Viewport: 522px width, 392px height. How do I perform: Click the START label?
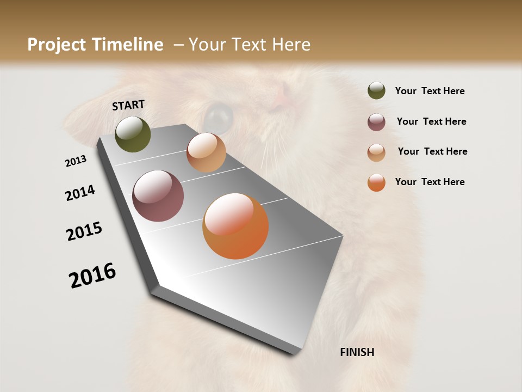[128, 105]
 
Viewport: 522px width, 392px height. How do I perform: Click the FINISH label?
[357, 352]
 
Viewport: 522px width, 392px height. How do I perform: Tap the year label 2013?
[76, 161]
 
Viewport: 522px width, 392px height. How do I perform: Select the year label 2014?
[80, 193]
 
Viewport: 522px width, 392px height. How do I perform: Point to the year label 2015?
[84, 231]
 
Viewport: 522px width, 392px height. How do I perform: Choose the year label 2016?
[92, 275]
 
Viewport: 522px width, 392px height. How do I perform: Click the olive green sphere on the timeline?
[133, 134]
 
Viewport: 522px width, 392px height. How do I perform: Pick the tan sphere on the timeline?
[206, 152]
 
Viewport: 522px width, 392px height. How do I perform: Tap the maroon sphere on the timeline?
[158, 196]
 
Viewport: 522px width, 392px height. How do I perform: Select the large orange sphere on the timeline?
[235, 226]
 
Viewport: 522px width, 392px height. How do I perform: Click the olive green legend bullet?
[376, 90]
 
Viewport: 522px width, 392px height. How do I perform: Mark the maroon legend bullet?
[376, 122]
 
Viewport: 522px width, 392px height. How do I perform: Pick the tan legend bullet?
[376, 152]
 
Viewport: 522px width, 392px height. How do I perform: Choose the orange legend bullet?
[376, 182]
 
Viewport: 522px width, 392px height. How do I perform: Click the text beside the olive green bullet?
[430, 91]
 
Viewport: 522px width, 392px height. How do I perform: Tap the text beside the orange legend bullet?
[430, 182]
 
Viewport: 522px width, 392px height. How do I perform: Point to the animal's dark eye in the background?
[219, 114]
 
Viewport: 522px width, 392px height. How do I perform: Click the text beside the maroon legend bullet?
[431, 121]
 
